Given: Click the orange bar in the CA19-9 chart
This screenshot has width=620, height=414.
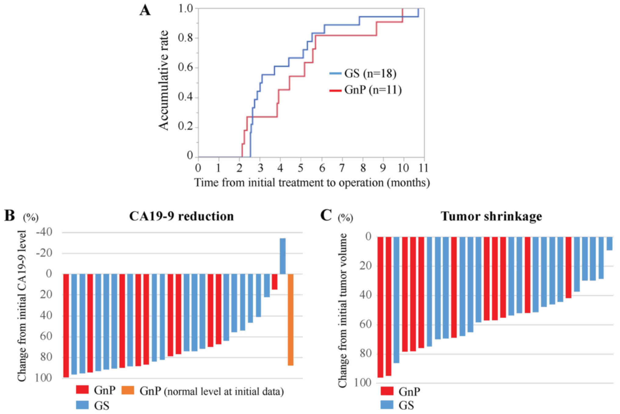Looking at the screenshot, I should [290, 319].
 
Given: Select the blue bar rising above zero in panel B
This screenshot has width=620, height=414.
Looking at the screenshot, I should [283, 256].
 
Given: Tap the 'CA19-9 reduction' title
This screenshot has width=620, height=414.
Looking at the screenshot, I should [181, 216].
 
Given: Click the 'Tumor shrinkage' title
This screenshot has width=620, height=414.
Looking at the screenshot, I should [491, 216].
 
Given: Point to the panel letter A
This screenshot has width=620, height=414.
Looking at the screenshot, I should [145, 11].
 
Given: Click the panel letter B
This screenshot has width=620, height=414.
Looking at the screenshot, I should [10, 216].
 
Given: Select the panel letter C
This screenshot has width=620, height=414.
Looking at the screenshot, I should [326, 215].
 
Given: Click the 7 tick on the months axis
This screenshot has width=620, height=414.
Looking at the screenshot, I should [342, 167].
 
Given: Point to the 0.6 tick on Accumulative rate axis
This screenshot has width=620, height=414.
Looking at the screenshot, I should [186, 67].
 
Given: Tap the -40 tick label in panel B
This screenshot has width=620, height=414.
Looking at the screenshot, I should [44, 232].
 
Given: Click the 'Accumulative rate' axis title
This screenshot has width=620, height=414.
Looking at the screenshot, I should [164, 80].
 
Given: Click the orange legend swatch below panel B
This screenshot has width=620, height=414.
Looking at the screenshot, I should [128, 390].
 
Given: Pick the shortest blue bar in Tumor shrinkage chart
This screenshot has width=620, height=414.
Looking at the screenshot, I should [609, 243].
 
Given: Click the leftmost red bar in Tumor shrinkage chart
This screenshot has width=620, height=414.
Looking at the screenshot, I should [380, 307].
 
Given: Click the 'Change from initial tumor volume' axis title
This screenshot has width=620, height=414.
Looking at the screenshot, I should [343, 311].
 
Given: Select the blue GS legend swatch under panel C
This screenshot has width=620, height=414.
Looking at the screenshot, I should [387, 405].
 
